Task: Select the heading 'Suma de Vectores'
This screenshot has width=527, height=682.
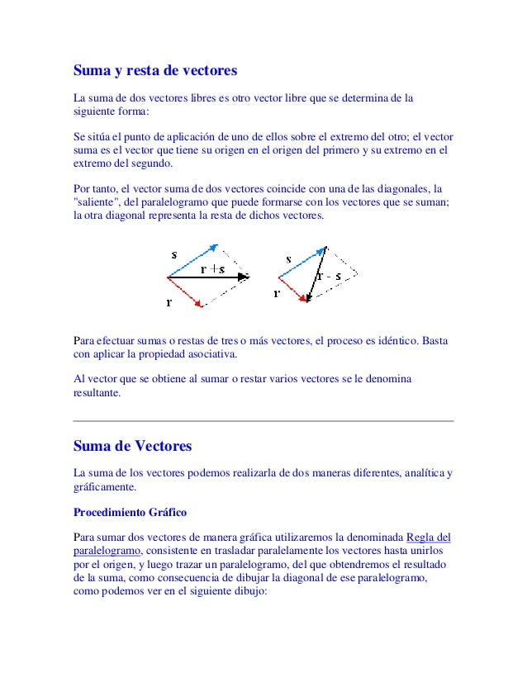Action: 132,446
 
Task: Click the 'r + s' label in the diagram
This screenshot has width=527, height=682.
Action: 213,268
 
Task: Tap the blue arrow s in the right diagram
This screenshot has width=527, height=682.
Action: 301,262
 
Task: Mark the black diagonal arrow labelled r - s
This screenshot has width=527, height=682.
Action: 316,272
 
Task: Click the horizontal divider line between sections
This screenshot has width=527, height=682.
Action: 263,421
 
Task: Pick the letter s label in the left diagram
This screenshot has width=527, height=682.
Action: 174,254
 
